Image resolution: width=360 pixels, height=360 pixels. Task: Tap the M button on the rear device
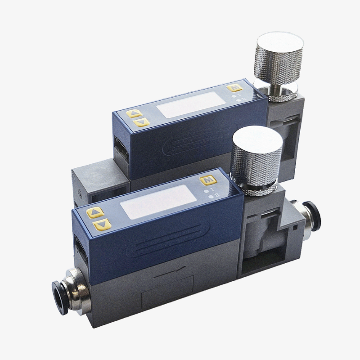point(234,88)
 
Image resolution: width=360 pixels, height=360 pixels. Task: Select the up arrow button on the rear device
point(133,113)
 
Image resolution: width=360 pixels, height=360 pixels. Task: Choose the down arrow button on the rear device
point(141,122)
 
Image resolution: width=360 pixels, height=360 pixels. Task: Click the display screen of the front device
point(159,202)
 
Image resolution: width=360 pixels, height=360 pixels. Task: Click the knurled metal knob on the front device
point(256,161)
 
